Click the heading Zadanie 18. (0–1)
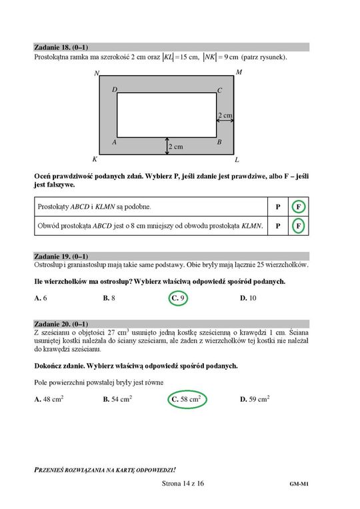[61, 47]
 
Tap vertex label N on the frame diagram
[97, 73]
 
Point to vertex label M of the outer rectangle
[239, 72]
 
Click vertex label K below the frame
[95, 159]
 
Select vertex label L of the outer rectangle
[237, 160]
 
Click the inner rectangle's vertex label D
[115, 89]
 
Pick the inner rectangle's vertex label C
[219, 91]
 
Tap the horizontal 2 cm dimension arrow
[225, 121]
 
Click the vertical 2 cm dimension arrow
[167, 146]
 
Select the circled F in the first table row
[298, 207]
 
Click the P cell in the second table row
[278, 226]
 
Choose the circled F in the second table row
[298, 226]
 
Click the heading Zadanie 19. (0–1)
[61, 256]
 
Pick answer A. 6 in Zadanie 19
[41, 298]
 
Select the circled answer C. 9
[179, 298]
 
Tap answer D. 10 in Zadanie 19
[248, 298]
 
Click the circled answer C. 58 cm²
[187, 399]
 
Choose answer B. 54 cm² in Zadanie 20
[117, 398]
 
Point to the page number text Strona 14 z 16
[183, 484]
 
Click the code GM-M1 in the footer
[299, 484]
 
